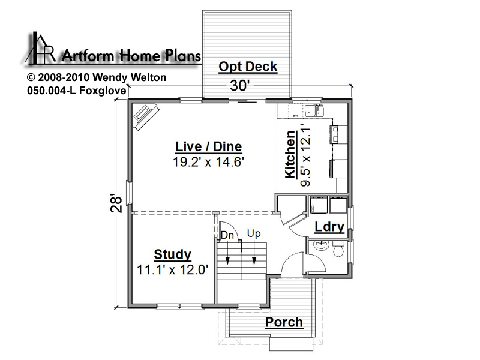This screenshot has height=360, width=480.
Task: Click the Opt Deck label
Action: [x=248, y=67]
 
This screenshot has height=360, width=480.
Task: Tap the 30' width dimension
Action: [x=238, y=86]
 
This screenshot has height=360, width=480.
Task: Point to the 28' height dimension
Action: [x=116, y=203]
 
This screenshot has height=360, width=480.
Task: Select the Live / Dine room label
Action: [x=208, y=146]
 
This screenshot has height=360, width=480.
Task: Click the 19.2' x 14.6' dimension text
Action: [x=208, y=161]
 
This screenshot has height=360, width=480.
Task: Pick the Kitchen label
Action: [x=290, y=155]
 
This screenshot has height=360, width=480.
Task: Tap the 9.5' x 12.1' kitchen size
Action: [x=305, y=155]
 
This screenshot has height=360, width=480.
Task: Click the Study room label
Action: [x=173, y=254]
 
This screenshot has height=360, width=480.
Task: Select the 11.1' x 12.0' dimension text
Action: [x=173, y=269]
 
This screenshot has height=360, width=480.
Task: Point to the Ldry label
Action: [x=329, y=227]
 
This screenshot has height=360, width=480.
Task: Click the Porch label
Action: [x=284, y=322]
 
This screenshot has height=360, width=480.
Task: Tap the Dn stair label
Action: [x=227, y=235]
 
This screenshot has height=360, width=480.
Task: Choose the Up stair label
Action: [x=254, y=233]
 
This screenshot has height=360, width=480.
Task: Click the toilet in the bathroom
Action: [x=338, y=250]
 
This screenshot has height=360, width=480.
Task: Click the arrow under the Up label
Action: [x=254, y=251]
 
